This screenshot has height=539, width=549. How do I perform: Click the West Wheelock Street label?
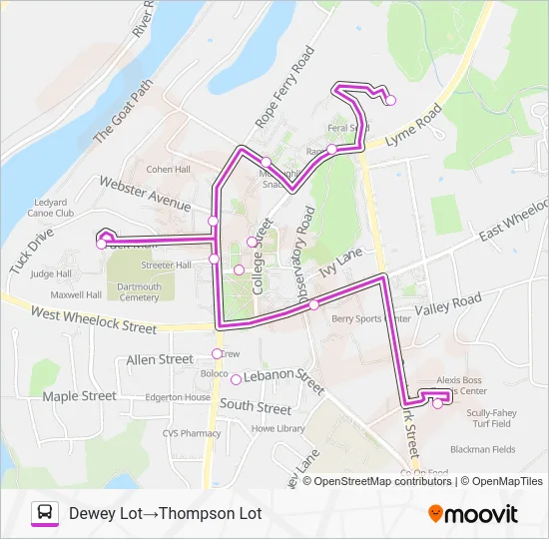pyautogui.click(x=94, y=320)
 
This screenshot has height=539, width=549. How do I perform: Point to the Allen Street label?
pyautogui.click(x=160, y=359)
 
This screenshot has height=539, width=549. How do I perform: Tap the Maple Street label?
pyautogui.click(x=79, y=396)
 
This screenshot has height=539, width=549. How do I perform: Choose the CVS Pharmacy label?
pyautogui.click(x=165, y=433)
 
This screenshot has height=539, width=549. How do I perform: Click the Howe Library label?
pyautogui.click(x=277, y=428)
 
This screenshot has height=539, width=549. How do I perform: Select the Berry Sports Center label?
pyautogui.click(x=370, y=319)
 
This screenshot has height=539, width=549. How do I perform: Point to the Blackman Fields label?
pyautogui.click(x=482, y=449)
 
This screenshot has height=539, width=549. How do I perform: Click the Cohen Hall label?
pyautogui.click(x=168, y=170)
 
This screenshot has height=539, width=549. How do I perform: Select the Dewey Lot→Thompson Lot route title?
pyautogui.click(x=165, y=514)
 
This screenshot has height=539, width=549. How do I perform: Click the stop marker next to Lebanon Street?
pyautogui.click(x=236, y=379)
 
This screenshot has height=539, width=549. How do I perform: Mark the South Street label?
pyautogui.click(x=256, y=407)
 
